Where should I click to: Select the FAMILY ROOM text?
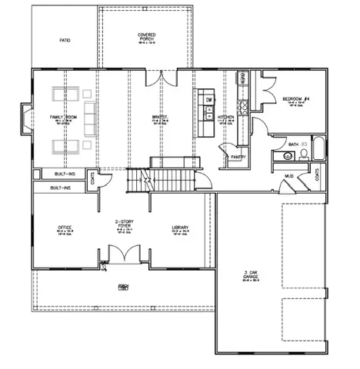[x=62, y=117]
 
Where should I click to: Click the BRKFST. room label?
[x=160, y=118]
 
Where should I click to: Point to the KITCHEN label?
[x=225, y=118]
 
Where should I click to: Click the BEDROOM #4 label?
[x=295, y=100]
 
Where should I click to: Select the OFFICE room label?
[x=65, y=228]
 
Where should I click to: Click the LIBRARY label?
[x=180, y=228]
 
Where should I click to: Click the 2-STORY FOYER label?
[x=122, y=225]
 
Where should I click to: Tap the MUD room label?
[x=288, y=176]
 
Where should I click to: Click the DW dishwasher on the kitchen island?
[x=208, y=100]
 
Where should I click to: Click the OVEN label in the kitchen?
[x=243, y=79]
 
